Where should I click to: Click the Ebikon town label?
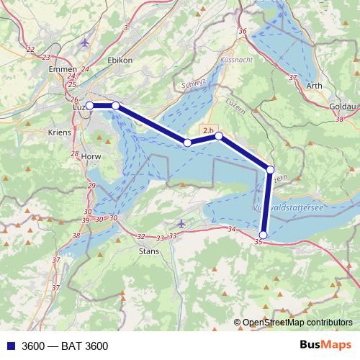point(119,60)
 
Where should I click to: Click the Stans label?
point(148,251)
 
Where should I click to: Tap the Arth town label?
point(314,86)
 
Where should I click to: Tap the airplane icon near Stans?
point(181,225)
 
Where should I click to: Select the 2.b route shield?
point(209,130)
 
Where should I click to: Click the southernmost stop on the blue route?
point(264,235)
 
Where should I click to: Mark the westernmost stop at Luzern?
point(91,106)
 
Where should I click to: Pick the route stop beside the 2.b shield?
point(219,135)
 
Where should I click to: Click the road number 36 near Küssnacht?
point(242,31)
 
